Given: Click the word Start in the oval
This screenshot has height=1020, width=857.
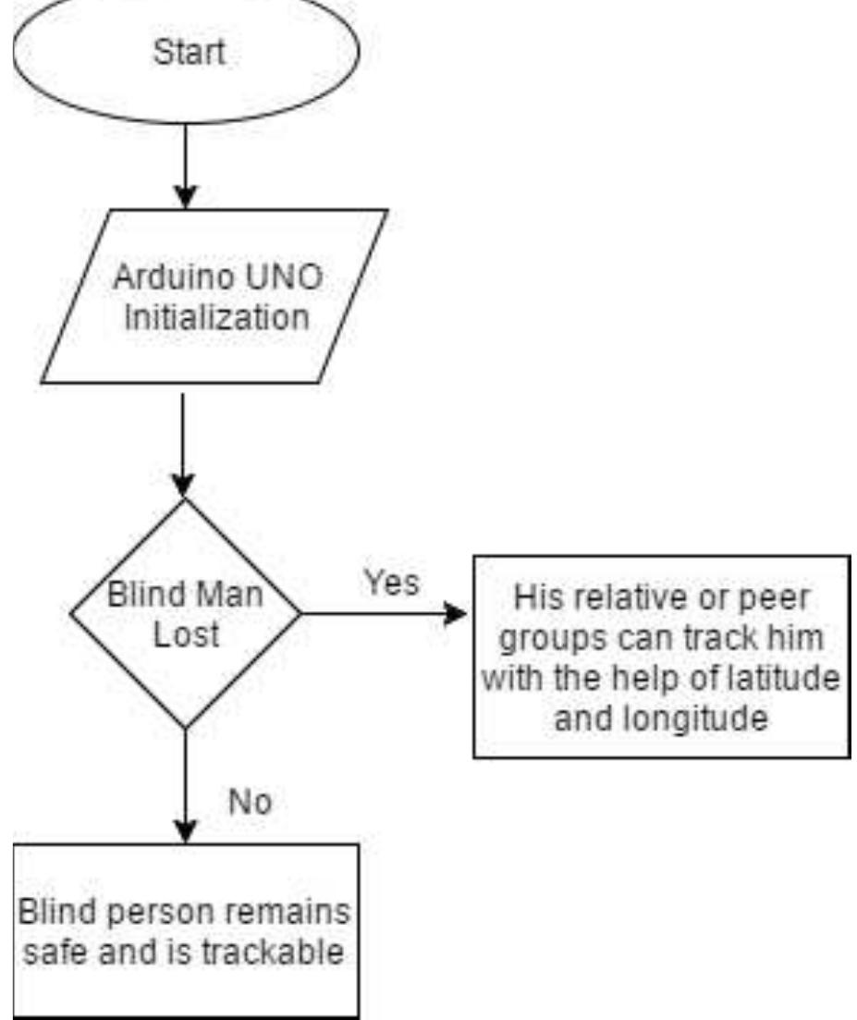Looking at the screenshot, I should (x=188, y=52).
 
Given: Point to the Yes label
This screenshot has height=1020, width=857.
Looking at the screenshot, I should (x=390, y=582).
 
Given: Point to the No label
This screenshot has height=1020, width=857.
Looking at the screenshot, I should (x=250, y=801).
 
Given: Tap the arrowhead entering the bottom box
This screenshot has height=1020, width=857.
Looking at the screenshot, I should (x=186, y=830).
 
